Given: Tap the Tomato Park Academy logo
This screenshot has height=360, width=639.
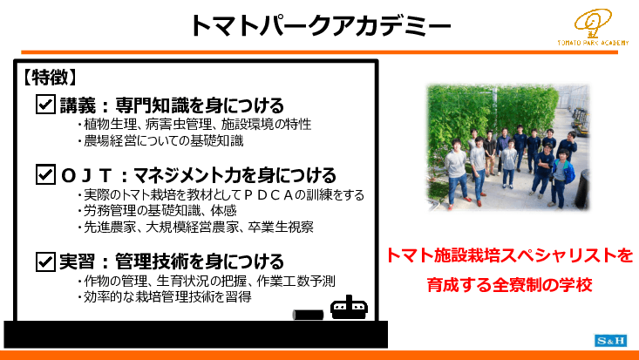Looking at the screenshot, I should coord(593,31).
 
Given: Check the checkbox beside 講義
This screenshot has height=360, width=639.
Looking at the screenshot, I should coord(44,105).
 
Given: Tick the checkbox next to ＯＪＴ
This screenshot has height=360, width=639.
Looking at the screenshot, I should coord(44,174).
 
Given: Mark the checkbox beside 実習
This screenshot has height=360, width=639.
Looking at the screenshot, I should coord(44,261).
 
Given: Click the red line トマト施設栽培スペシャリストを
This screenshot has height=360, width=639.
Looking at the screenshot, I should coord(509,256).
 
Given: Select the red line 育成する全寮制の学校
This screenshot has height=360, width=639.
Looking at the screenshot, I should coord(510,284).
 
